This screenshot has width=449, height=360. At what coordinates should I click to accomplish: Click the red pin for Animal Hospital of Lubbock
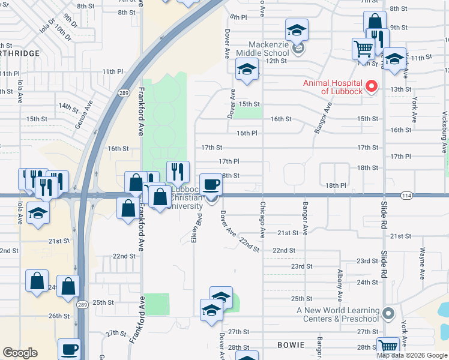click(x=371, y=87)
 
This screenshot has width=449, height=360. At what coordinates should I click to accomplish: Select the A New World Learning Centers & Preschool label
click(x=339, y=314)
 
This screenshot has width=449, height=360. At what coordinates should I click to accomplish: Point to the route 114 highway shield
click(x=407, y=196)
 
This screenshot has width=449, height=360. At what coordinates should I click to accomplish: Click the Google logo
click(x=20, y=353)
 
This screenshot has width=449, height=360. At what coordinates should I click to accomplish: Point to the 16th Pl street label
click(x=247, y=133)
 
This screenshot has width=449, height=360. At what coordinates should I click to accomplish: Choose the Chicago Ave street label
click(x=262, y=218)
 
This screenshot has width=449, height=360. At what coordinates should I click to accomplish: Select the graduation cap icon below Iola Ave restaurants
click(x=38, y=214)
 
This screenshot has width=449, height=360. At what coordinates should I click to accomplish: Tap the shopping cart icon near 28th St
click(x=388, y=346)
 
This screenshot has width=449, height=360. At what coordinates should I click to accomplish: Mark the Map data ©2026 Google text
click(x=411, y=355)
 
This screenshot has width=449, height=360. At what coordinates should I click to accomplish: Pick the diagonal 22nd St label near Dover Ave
click(x=249, y=245)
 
